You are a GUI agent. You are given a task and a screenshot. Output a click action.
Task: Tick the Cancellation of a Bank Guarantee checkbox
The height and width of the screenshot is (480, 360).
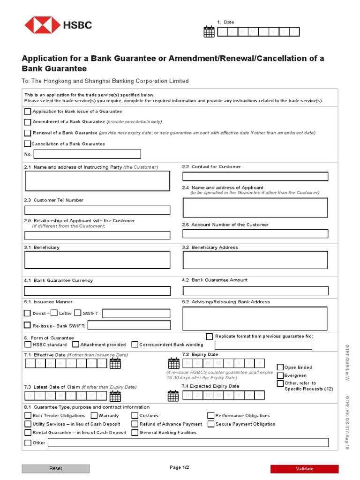tap(28, 144)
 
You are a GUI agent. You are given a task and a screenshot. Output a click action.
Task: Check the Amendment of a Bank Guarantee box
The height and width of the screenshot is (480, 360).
tap(28, 122)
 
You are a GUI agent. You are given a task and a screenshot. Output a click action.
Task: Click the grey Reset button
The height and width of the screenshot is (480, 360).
tap(55, 468)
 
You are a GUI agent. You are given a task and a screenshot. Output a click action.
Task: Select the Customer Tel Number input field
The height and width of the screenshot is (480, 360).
tap(97, 210)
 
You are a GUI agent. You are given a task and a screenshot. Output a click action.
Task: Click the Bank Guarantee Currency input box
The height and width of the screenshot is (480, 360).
tap(97, 291)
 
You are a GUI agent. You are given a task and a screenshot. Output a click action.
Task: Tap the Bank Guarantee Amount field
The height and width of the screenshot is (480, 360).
tap(255, 291)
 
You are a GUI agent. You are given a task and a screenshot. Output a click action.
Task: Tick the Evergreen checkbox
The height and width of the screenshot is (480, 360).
tap(280, 375)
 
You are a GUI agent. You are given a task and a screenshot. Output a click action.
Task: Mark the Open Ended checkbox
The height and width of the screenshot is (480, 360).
tap(280, 367)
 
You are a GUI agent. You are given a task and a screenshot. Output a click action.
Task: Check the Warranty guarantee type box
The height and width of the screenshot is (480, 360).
tap(94, 415)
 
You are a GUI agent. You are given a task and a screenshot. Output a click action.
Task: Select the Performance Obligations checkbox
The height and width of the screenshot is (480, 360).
tap(211, 415)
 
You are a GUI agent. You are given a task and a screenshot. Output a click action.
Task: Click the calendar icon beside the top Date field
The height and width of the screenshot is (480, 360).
tap(209, 32)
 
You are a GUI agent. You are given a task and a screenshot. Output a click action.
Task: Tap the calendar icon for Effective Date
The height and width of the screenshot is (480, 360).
tap(115, 364)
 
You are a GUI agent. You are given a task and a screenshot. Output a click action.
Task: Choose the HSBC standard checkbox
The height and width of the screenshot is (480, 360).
tap(28, 345)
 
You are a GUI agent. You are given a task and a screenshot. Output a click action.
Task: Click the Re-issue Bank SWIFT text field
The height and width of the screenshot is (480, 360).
tap(129, 325)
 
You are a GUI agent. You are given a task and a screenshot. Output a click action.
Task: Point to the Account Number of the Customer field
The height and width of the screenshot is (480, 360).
tap(255, 233)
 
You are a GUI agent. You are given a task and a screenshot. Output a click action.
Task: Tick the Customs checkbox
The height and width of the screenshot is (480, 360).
tap(135, 415)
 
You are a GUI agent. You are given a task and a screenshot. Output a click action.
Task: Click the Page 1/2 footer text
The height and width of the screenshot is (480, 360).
tap(180, 467)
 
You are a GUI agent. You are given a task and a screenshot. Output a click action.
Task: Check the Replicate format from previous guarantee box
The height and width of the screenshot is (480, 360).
tap(210, 336)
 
